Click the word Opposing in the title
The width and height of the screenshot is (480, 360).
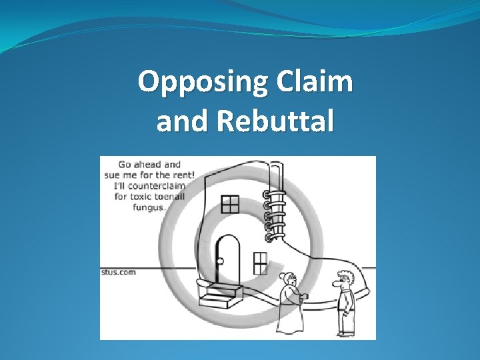(x=194, y=83)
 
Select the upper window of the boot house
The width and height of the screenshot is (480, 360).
(x=230, y=204)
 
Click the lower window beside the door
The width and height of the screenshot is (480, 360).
(x=261, y=263)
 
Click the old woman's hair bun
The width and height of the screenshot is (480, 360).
(x=283, y=275)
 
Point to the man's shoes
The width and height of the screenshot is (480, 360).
(x=344, y=333)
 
